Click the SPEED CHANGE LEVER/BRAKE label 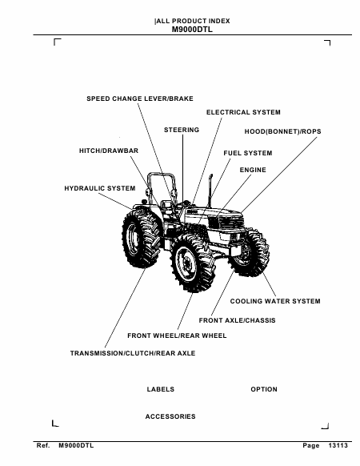click(x=140, y=98)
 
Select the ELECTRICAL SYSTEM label click(x=243, y=112)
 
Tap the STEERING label click(x=182, y=130)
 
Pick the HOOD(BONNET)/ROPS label click(x=282, y=131)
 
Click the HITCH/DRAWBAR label click(x=109, y=151)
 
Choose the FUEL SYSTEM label click(x=248, y=153)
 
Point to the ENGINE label click(x=253, y=170)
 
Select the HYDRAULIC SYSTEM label click(x=100, y=188)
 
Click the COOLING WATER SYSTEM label click(x=275, y=301)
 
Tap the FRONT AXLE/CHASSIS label click(x=238, y=320)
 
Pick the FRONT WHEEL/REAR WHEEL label click(x=177, y=335)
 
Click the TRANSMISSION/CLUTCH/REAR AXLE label click(x=133, y=353)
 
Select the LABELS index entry click(x=160, y=389)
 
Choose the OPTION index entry click(x=264, y=389)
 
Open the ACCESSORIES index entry click(x=170, y=416)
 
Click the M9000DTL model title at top click(x=192, y=30)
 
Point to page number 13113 click(x=338, y=445)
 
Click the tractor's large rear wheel click(x=142, y=237)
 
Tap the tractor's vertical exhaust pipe click(x=210, y=191)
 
